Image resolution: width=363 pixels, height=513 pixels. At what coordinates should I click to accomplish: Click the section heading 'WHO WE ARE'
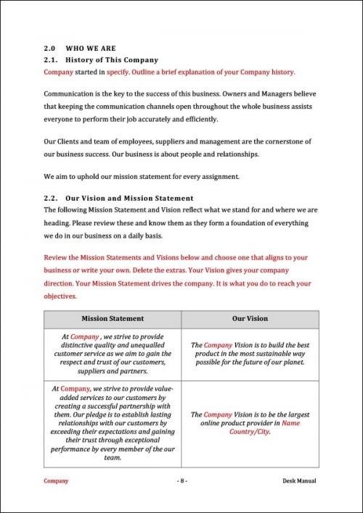tap(91, 49)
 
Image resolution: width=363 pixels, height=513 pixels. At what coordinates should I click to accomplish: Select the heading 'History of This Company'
tap(112, 59)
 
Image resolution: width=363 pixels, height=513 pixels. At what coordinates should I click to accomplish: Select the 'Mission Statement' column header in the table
tap(113, 318)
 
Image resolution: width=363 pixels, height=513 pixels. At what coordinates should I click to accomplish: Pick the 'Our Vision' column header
tap(250, 318)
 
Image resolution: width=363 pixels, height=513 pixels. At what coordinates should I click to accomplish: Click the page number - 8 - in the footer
tap(181, 480)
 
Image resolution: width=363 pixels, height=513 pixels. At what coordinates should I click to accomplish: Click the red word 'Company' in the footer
tap(56, 480)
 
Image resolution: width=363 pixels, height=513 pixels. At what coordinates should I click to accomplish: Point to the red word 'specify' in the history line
tap(118, 72)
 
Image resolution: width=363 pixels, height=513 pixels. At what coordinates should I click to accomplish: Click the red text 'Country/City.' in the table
tap(250, 431)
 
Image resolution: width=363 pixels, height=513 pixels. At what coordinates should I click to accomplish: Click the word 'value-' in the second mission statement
tap(159, 389)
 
